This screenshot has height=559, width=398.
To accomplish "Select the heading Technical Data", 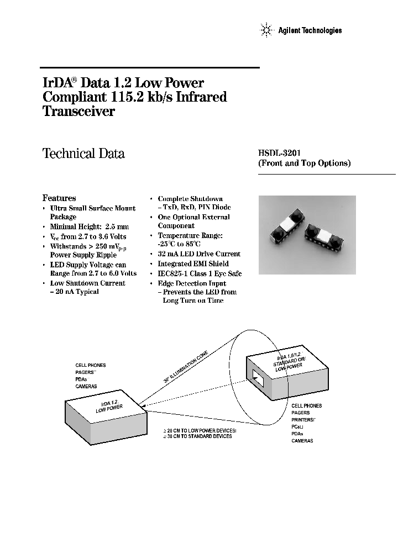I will tap(83, 154).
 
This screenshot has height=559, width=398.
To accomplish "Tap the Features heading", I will tap(59, 198).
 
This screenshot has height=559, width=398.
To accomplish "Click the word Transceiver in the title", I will tap(78, 111).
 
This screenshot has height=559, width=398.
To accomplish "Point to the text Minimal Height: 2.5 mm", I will tap(89, 226).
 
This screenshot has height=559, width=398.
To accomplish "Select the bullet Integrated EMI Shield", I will tap(193, 264).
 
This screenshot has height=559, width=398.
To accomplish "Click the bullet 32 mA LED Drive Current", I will tap(199, 254).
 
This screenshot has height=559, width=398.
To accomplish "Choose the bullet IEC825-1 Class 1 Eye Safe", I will tap(200, 273).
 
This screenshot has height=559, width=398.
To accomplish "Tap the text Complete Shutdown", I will tap(190, 198).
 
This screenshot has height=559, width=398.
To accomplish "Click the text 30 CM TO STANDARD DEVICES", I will tap(199, 436).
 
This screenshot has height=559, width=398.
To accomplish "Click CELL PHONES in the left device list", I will tap(90, 365).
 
